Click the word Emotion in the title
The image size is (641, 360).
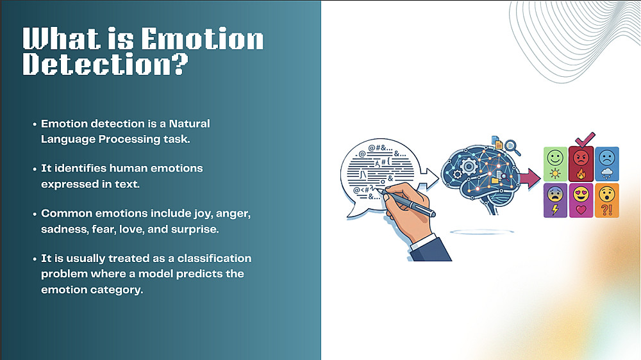[203, 39]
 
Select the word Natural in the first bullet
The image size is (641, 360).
[189, 124]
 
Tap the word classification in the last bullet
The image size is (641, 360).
[214, 258]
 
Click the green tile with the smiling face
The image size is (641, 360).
[555, 164]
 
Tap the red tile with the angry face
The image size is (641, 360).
[581, 164]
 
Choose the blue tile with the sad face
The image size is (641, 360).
[606, 164]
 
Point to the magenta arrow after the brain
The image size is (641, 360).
[530, 179]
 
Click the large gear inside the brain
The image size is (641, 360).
[469, 167]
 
